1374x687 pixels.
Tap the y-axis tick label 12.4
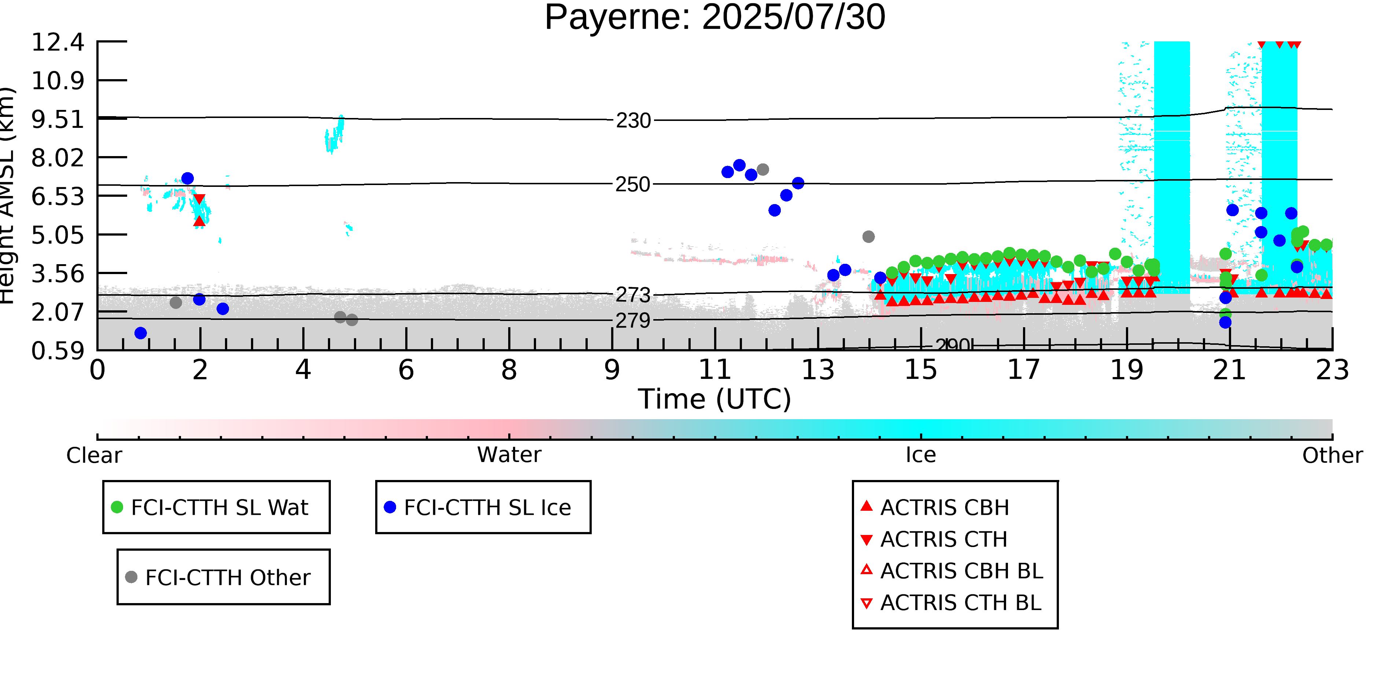tap(58, 43)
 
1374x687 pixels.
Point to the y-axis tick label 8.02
tap(58, 158)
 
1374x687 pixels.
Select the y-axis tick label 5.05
tap(58, 235)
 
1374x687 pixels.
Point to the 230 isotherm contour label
tap(633, 121)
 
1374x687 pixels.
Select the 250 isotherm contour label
tap(633, 185)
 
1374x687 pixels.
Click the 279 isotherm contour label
tap(633, 321)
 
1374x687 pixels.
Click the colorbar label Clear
tap(94, 455)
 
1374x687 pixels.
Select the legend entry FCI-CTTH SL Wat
tap(219, 507)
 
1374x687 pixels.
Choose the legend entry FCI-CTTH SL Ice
tap(487, 507)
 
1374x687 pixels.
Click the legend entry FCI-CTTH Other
tap(227, 577)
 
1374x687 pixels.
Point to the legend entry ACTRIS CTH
tap(943, 539)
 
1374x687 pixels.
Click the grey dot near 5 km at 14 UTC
tap(868, 237)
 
